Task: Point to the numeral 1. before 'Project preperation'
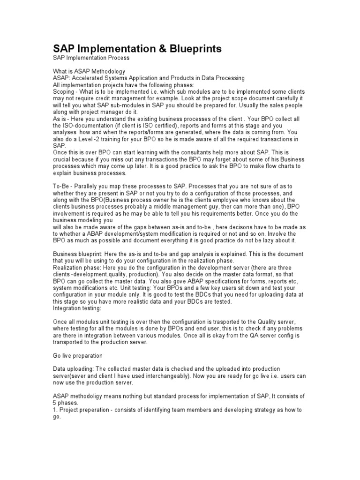(55, 410)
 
